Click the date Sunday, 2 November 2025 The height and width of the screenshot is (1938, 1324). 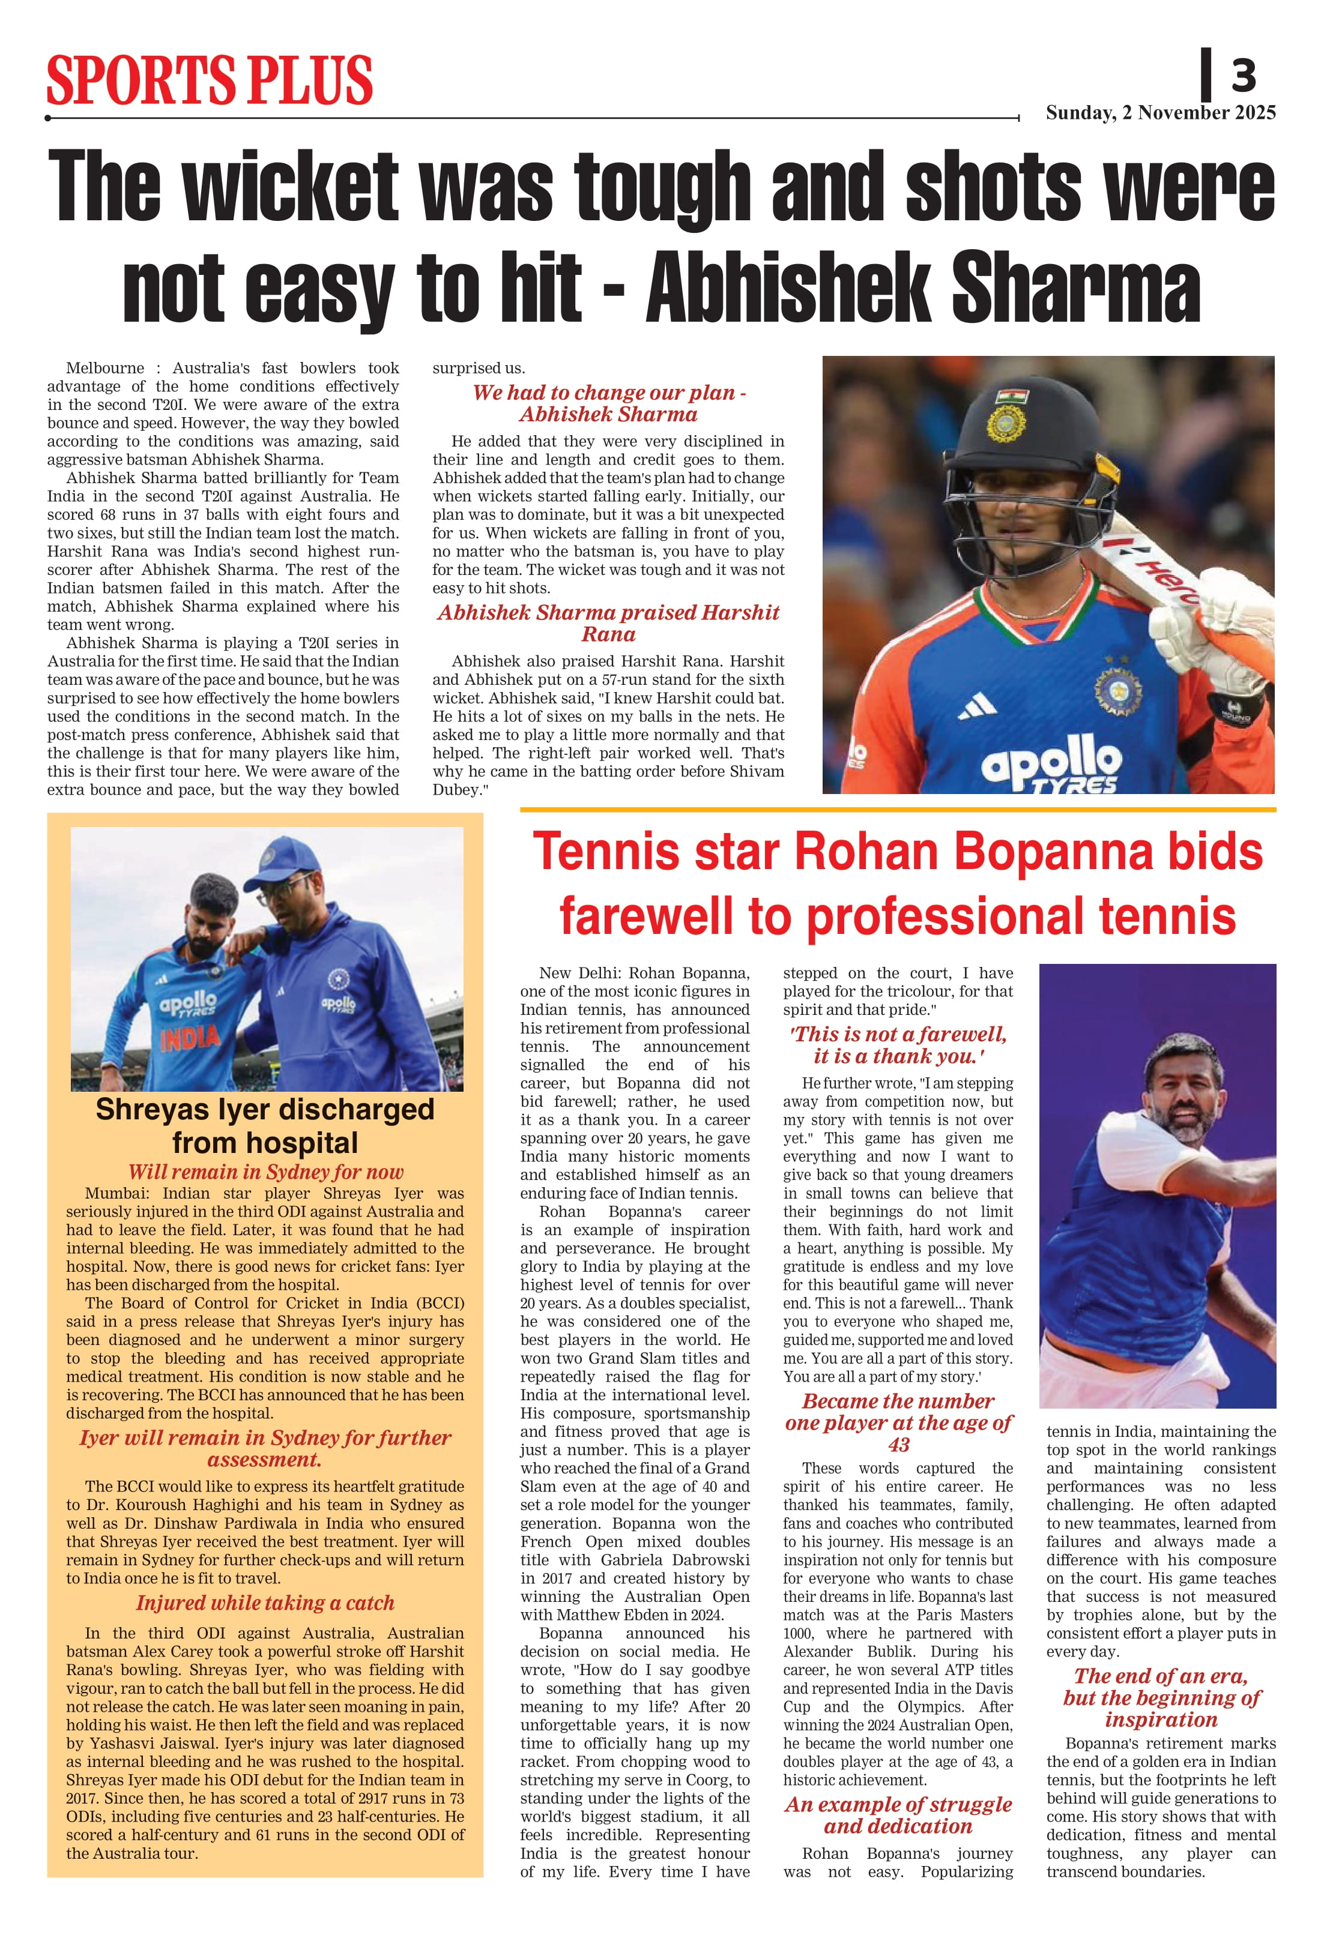click(x=1161, y=113)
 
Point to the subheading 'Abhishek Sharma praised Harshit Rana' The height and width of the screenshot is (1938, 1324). click(x=608, y=623)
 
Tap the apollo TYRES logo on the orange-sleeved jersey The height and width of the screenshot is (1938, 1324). click(x=1053, y=765)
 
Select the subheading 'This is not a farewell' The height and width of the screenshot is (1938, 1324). click(x=898, y=1045)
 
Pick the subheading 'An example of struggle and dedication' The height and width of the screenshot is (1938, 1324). click(x=898, y=1816)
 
